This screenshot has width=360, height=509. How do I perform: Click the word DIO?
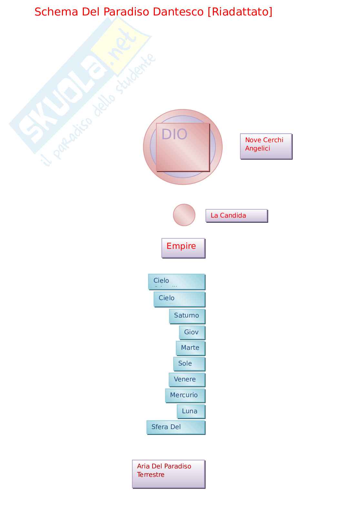click(174, 134)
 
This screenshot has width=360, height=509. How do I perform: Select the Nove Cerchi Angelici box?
click(266, 146)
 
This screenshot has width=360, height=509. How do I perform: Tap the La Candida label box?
click(236, 216)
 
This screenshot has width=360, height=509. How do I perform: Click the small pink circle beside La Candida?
click(184, 215)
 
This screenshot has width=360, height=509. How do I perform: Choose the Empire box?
click(183, 248)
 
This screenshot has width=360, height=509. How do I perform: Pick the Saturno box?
click(187, 316)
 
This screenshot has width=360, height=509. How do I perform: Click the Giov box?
click(192, 332)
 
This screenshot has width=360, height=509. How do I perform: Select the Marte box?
click(190, 348)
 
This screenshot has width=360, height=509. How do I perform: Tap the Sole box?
click(189, 364)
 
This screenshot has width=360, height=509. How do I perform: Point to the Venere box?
click(187, 379)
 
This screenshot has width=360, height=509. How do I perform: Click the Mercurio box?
click(185, 395)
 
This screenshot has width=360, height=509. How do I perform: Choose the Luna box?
click(191, 411)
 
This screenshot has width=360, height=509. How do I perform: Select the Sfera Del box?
click(176, 427)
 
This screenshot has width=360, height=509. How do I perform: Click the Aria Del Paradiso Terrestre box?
click(168, 474)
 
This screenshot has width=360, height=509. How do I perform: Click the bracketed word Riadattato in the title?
click(240, 12)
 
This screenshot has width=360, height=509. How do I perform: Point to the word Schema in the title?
click(56, 12)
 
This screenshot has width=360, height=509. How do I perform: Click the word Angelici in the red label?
click(257, 149)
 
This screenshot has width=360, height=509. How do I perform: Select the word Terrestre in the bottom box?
click(151, 475)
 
